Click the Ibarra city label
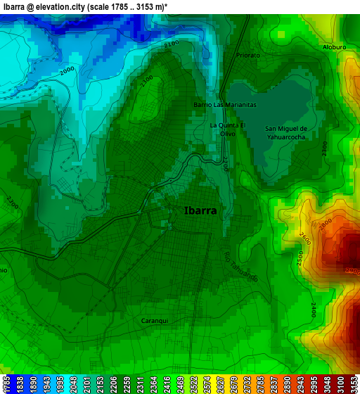click(x=200, y=210)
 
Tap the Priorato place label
click(x=247, y=55)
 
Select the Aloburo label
click(x=334, y=47)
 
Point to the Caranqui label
click(x=155, y=321)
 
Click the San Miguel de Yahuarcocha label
click(x=285, y=133)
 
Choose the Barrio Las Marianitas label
click(x=225, y=104)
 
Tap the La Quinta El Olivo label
click(x=228, y=129)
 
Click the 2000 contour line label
click(x=67, y=71)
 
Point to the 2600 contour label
click(x=304, y=240)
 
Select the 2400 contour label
click(x=312, y=310)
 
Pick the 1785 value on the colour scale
click(x=6, y=384)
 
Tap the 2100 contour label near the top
click(x=171, y=44)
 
